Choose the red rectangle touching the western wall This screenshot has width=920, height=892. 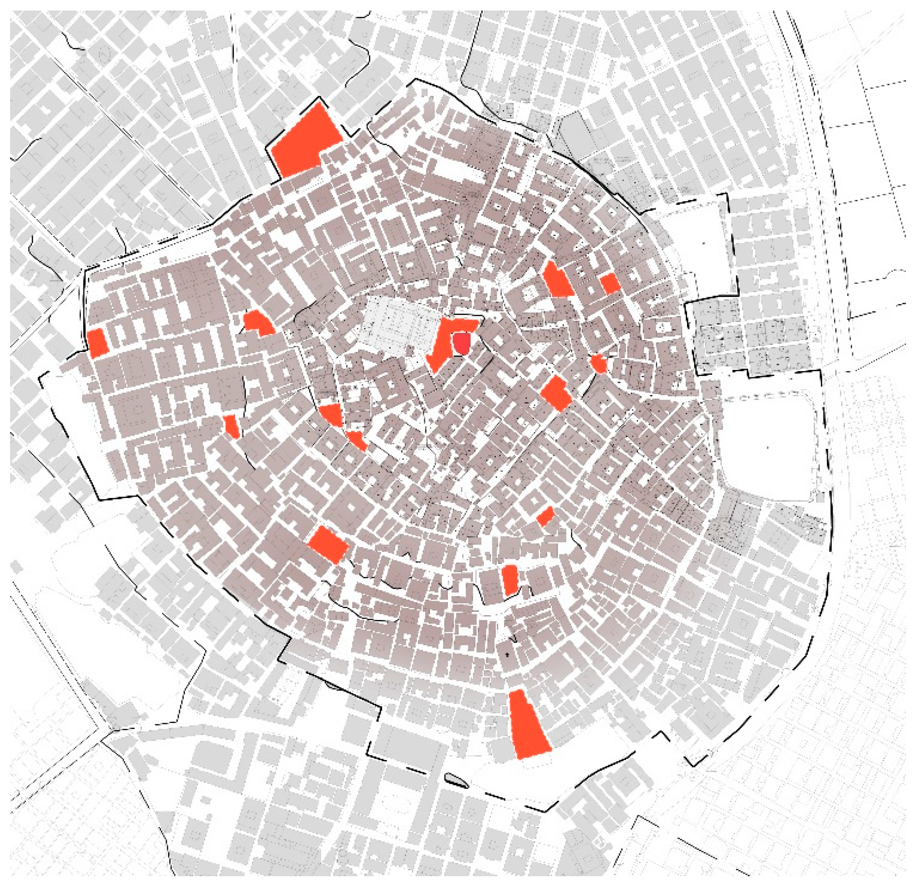click(x=98, y=343)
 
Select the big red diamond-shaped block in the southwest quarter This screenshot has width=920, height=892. click(x=329, y=545)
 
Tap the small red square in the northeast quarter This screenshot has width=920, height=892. click(x=610, y=283)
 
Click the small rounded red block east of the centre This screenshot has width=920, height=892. click(x=598, y=363)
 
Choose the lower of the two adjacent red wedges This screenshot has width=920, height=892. click(x=357, y=440)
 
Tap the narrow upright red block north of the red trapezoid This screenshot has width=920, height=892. click(x=510, y=580)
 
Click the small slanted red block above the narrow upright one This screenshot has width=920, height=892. click(x=546, y=516)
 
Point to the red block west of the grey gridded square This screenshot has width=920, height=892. click(x=258, y=323)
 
